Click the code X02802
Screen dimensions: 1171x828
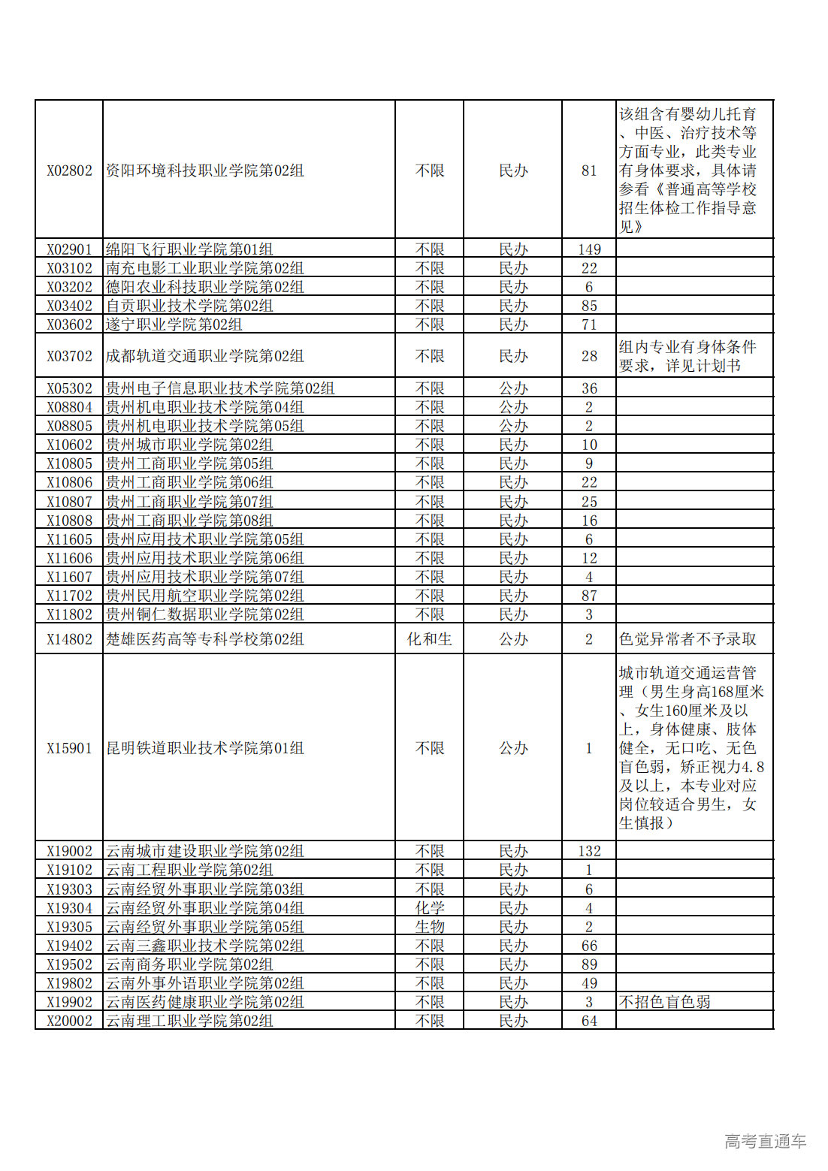[69, 171]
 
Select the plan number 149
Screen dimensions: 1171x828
[589, 249]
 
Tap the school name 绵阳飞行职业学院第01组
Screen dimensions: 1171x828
[189, 249]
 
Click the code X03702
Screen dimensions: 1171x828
[69, 356]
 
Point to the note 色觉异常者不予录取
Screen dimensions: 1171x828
[687, 639]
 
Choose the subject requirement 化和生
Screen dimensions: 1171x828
[429, 639]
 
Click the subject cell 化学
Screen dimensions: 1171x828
[429, 908]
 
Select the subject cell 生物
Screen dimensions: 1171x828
[429, 927]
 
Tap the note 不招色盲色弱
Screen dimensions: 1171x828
[664, 1002]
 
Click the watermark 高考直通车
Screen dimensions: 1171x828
[765, 1142]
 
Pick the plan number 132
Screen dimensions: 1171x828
[589, 851]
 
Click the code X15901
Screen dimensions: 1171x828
[69, 748]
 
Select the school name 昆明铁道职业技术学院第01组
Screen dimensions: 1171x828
[205, 748]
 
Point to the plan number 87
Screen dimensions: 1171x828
[589, 596]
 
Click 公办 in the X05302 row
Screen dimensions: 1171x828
[513, 388]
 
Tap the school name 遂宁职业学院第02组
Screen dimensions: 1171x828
[174, 324]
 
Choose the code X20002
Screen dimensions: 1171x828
[69, 1021]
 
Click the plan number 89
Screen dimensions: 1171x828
[589, 964]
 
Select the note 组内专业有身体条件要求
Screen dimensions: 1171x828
[687, 356]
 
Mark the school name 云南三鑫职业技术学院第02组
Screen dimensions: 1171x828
[205, 946]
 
